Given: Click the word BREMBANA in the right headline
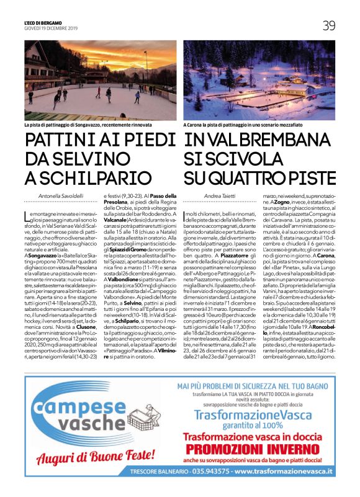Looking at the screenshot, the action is point(279,140).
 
